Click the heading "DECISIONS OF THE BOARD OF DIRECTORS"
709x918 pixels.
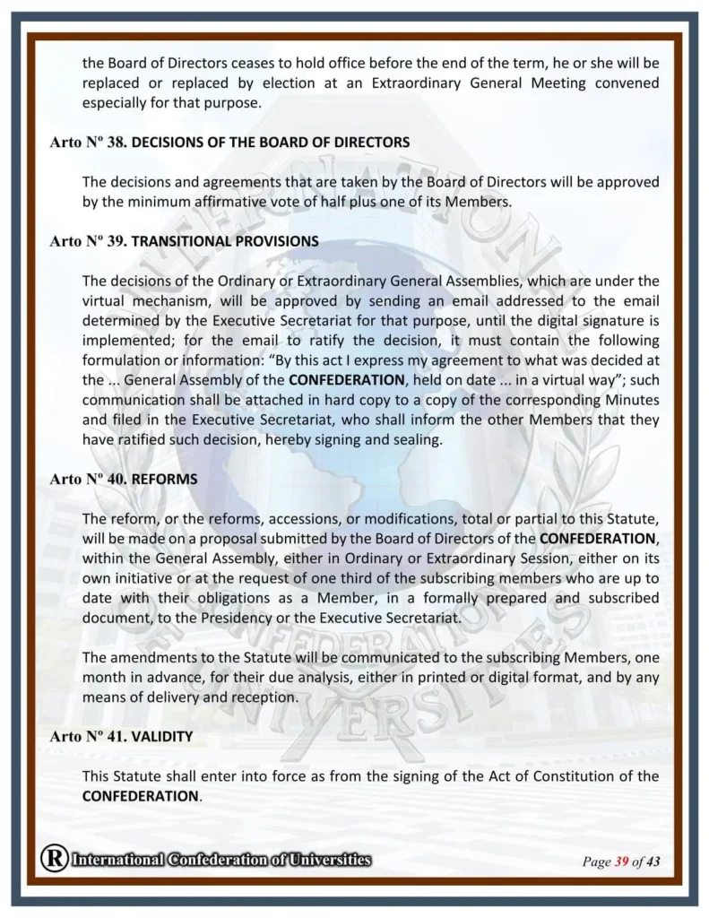pos(271,142)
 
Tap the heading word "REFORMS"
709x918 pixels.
pos(164,480)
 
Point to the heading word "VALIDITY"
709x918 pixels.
pos(162,736)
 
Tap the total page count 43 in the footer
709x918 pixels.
pos(653,862)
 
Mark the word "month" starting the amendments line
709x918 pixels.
pos(105,677)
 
